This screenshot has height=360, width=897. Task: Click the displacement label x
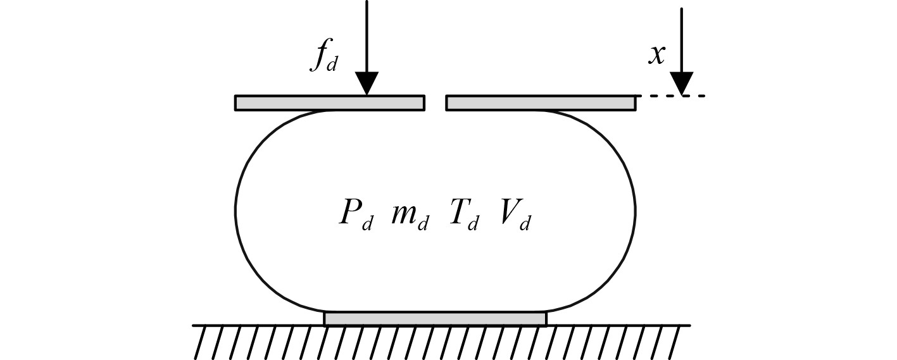(657, 55)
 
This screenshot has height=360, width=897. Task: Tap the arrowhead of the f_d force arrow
(367, 84)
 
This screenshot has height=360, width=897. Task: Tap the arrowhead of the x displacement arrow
(681, 84)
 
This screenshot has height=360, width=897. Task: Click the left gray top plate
(329, 103)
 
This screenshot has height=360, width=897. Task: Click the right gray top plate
(541, 103)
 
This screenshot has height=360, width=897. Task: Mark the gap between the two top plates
(436, 103)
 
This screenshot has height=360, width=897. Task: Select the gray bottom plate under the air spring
(435, 318)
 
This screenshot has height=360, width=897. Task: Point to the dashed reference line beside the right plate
(671, 96)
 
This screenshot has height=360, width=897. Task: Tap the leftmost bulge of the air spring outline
(236, 211)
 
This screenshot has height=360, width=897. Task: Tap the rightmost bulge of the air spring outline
(635, 211)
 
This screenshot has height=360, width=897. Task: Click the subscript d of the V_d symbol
(524, 224)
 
